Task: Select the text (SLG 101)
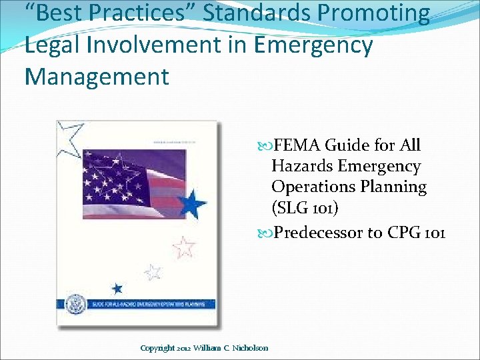tap(305, 207)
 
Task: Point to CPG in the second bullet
tap(407, 233)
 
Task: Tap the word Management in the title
tap(97, 76)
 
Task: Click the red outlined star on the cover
tap(183, 247)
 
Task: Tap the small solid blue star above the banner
tap(117, 289)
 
